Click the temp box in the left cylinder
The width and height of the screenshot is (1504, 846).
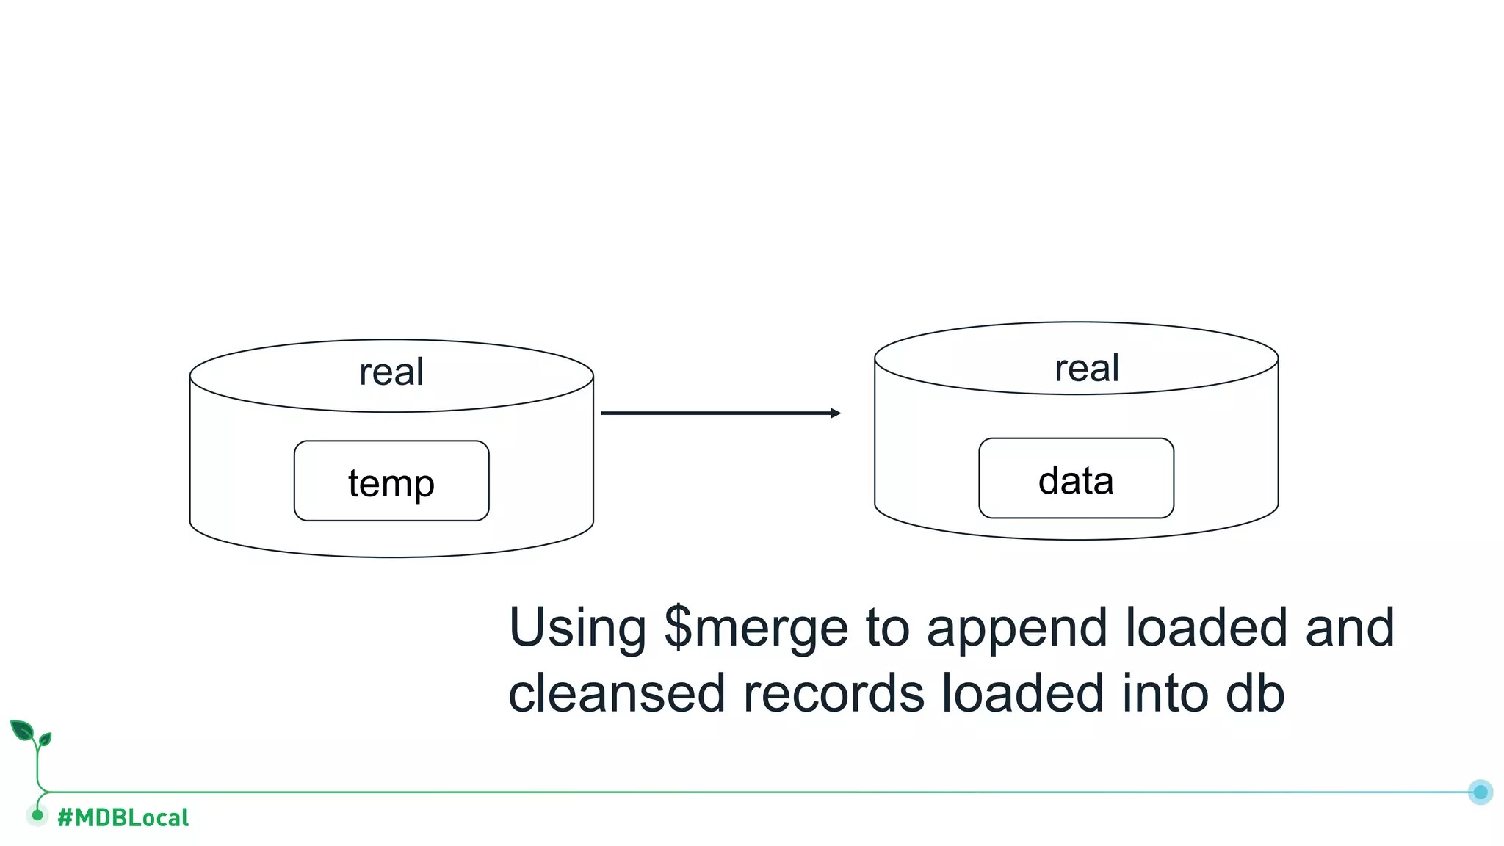pos(391,481)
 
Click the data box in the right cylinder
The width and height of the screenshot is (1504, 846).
pos(1076,479)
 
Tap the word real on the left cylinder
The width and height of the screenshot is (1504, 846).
pos(391,372)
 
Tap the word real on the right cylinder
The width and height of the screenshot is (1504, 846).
pos(1087,368)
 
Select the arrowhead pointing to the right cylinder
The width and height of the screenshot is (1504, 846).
pos(835,413)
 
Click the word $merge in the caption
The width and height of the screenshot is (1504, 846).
pos(756,629)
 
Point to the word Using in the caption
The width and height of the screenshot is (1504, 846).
pos(577,629)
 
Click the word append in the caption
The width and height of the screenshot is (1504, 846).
pos(1016,629)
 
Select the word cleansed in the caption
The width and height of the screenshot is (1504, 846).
pos(616,693)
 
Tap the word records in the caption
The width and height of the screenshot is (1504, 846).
pos(833,693)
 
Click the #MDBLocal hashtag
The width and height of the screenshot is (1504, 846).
pos(123,817)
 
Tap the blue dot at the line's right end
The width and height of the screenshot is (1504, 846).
pos(1480,792)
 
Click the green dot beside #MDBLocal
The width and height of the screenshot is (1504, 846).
pos(37,814)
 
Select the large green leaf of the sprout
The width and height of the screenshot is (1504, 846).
pos(22,731)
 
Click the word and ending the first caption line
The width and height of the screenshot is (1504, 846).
pos(1350,629)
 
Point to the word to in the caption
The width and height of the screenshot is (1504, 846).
pos(887,629)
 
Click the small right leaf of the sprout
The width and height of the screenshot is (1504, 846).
pos(46,739)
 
